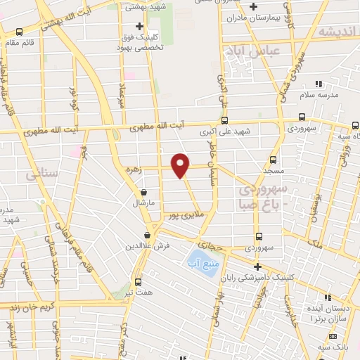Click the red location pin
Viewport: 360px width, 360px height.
[181, 165]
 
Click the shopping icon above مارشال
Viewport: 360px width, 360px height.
[143, 191]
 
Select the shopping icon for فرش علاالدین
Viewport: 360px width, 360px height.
[147, 236]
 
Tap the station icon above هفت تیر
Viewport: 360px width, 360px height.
[138, 278]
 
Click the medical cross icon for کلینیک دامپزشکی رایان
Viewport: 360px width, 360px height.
[258, 266]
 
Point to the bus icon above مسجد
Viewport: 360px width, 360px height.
[274, 160]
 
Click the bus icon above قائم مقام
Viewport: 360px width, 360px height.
[19, 31]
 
